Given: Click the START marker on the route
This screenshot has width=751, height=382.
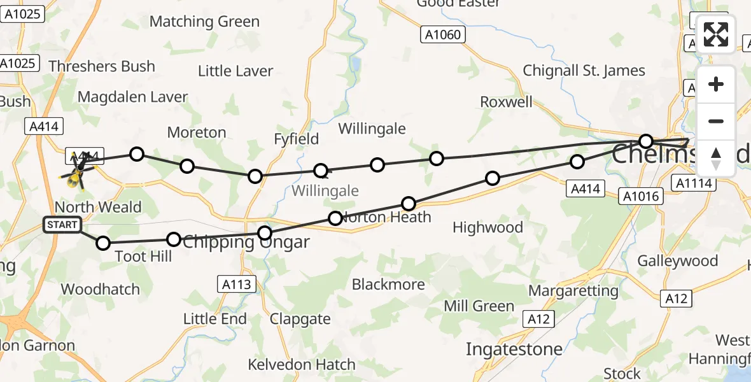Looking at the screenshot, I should [62, 225].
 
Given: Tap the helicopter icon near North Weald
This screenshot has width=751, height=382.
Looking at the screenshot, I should [77, 172].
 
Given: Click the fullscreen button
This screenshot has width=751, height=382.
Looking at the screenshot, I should [716, 34].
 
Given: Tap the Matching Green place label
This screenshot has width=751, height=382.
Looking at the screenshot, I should [204, 22].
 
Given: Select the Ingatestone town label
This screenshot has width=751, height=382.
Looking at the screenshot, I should [514, 349].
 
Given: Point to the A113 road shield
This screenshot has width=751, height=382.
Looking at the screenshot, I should [237, 284].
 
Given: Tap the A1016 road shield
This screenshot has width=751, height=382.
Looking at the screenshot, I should [641, 197].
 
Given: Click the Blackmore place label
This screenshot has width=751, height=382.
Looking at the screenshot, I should [388, 284].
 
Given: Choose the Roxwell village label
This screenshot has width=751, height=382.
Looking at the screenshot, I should [506, 102].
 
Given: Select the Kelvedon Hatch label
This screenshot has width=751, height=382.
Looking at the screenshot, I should [302, 365].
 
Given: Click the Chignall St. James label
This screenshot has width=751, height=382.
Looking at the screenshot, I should [584, 71].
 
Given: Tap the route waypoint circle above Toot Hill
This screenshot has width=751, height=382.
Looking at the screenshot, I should [103, 243].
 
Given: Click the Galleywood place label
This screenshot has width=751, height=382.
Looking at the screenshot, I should [677, 261].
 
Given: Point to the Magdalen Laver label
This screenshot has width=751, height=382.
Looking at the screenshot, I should [132, 97].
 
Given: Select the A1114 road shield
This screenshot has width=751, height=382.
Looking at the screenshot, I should [696, 184].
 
